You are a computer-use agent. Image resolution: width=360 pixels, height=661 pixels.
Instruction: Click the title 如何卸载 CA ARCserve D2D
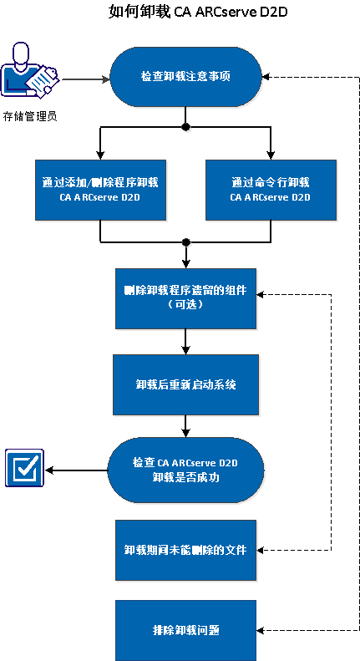pyautogui.click(x=180, y=12)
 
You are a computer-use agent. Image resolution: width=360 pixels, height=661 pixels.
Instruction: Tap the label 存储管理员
pyautogui.click(x=29, y=116)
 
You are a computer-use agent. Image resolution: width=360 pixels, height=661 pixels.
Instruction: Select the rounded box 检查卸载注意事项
pyautogui.click(x=185, y=76)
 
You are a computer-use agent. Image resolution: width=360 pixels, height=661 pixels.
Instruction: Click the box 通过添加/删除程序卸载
pyautogui.click(x=100, y=189)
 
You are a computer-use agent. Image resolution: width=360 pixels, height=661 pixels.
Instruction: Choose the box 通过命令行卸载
pyautogui.click(x=270, y=189)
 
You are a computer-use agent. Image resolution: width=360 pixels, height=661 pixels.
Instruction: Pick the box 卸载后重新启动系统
pyautogui.click(x=185, y=384)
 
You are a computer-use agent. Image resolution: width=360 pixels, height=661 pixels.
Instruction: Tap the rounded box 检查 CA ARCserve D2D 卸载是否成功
pyautogui.click(x=185, y=471)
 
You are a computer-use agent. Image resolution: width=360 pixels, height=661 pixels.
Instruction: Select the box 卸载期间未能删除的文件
pyautogui.click(x=185, y=550)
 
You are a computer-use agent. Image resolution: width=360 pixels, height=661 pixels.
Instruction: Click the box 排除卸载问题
pyautogui.click(x=185, y=628)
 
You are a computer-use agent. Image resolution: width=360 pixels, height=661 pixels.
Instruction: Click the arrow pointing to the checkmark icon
pyautogui.click(x=75, y=470)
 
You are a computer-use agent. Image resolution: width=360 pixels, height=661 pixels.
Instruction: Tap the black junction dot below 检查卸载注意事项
pyautogui.click(x=185, y=128)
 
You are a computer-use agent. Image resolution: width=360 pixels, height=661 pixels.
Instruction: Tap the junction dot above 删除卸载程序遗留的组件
pyautogui.click(x=185, y=242)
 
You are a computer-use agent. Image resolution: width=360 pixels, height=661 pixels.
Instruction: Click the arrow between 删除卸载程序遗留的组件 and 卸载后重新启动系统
pyautogui.click(x=185, y=341)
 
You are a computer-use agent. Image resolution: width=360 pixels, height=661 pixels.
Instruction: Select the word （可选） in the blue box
pyautogui.click(x=185, y=306)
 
